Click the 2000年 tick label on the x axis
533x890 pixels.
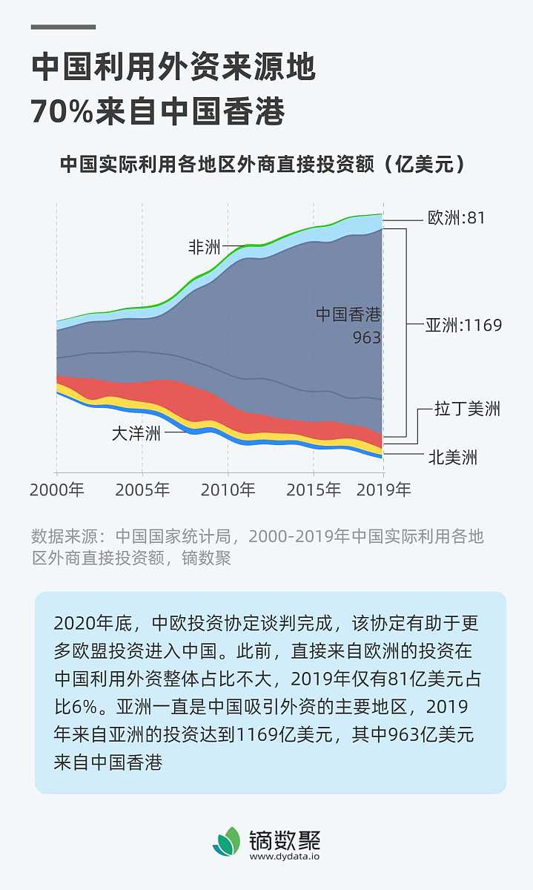(57, 490)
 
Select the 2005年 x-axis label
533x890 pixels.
(142, 490)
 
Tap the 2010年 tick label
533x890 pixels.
(228, 490)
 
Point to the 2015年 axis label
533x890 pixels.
(314, 490)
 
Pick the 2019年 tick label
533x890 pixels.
(383, 490)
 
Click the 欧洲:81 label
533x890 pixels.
(457, 218)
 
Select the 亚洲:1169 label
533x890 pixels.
(463, 325)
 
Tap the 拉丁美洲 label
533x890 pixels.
(467, 409)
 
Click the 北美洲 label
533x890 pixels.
(453, 458)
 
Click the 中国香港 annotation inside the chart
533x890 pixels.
(348, 314)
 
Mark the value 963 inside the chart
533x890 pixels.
(366, 338)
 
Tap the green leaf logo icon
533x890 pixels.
(227, 841)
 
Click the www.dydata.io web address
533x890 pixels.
(284, 856)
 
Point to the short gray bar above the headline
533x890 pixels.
(63, 27)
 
